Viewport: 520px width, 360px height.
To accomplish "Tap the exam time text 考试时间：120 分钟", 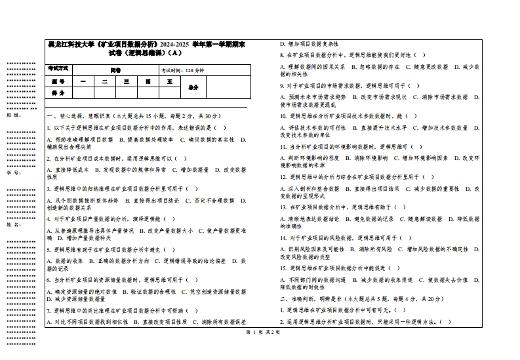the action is point(183,70).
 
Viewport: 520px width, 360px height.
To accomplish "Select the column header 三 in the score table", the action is point(126,82).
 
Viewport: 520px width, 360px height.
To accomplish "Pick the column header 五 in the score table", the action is point(169,82).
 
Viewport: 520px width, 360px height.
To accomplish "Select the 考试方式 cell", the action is point(58,70).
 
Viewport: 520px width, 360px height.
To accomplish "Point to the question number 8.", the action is point(281,55).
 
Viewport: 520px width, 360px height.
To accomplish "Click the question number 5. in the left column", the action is point(49,250).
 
